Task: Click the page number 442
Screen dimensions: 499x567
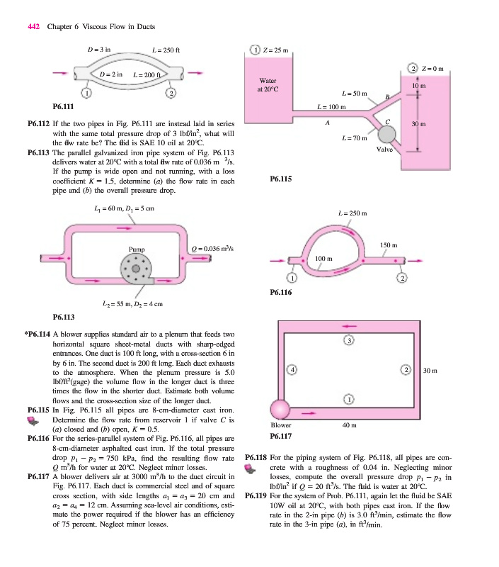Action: tap(33, 26)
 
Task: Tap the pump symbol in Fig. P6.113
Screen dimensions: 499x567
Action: tap(136, 269)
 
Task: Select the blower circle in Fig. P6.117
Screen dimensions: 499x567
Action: tap(280, 410)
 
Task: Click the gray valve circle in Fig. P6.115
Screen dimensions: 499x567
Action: tap(386, 135)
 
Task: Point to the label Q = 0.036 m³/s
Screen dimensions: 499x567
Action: tap(212, 249)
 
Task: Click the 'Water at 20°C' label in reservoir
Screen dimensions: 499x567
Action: tap(268, 84)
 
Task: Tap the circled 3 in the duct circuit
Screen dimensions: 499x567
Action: tap(349, 340)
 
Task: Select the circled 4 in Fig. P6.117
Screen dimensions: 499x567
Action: tap(292, 370)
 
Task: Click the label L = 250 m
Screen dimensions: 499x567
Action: tap(352, 213)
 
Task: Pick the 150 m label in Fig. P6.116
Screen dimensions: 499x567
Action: tap(389, 245)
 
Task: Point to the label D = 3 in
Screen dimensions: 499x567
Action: tap(99, 49)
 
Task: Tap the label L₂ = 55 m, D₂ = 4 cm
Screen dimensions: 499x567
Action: tap(132, 304)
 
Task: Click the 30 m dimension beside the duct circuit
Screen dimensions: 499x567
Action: tap(430, 371)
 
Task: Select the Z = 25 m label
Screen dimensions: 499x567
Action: tap(276, 50)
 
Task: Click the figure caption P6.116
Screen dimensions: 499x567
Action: tap(281, 292)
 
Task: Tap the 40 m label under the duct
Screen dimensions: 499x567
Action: tap(350, 425)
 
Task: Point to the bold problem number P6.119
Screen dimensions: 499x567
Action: tap(256, 495)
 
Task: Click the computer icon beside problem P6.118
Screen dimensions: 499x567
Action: tap(251, 469)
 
